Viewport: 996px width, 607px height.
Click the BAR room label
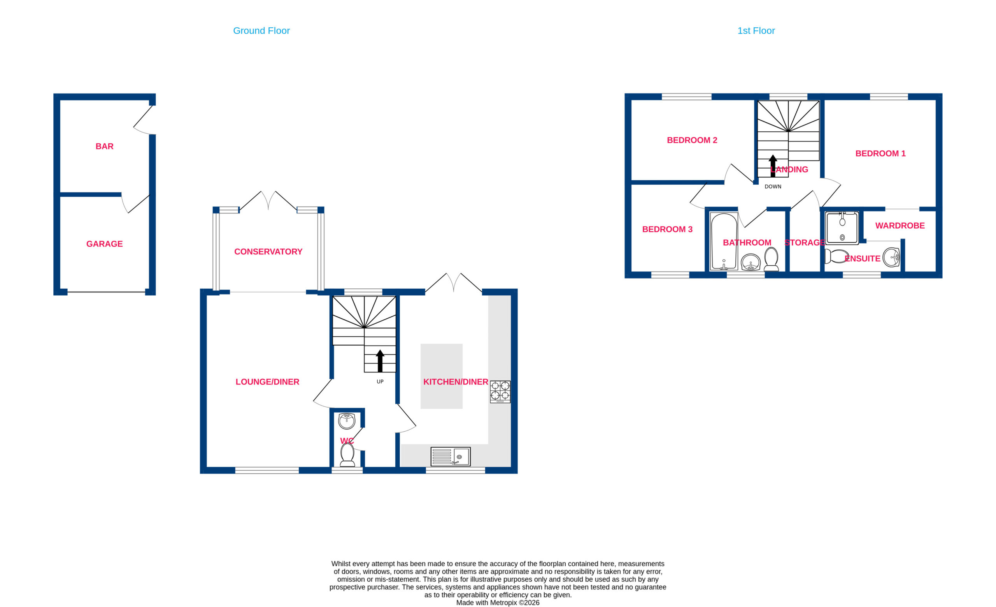(x=104, y=146)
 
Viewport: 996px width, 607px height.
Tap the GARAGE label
(x=104, y=244)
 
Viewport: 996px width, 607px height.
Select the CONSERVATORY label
(x=268, y=252)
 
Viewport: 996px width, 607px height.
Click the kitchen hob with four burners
(x=500, y=392)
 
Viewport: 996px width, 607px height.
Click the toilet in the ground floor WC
(x=347, y=454)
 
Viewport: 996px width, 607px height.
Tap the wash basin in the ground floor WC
(x=346, y=421)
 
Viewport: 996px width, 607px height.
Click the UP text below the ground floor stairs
(x=380, y=381)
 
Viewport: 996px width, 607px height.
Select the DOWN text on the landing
(x=773, y=187)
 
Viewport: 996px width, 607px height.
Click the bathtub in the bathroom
(x=724, y=241)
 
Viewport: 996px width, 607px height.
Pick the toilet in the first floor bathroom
(x=771, y=259)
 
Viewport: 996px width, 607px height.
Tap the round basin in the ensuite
(x=891, y=258)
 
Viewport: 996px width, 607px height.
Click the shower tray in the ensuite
(x=842, y=228)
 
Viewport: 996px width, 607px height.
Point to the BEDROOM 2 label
(x=692, y=140)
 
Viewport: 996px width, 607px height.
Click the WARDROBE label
(x=900, y=226)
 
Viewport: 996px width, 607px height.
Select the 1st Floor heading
(x=756, y=31)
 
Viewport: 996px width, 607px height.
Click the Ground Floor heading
(x=261, y=31)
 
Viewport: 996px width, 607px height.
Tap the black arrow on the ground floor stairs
(x=380, y=361)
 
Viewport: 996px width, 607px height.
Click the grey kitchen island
(x=442, y=376)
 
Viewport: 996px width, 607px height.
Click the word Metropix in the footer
(x=503, y=603)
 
